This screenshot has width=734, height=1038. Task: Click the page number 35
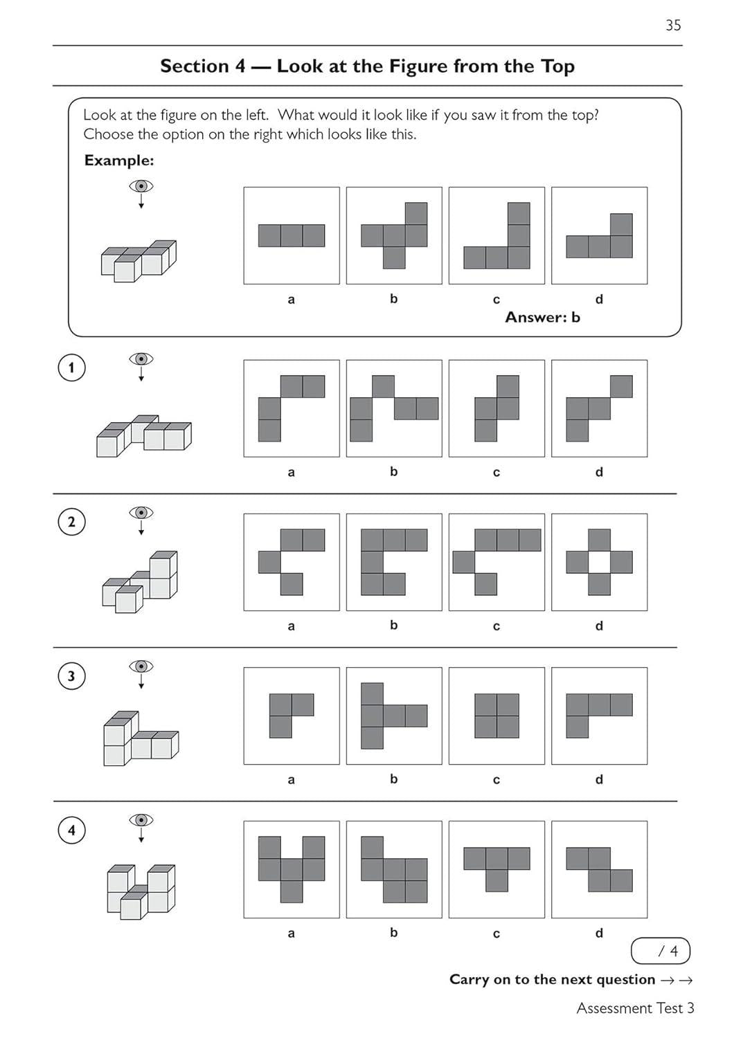[x=673, y=26]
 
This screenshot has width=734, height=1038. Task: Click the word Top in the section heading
[x=557, y=66]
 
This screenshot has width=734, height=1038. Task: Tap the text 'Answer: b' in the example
[x=542, y=317]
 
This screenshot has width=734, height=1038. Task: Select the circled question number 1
[x=71, y=367]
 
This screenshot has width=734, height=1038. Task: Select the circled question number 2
[x=71, y=522]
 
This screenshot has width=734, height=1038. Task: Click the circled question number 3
[x=71, y=676]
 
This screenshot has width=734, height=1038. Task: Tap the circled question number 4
[x=71, y=830]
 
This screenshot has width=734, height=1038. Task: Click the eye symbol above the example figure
[x=141, y=186]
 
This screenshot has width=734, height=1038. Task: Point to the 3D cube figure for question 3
[x=141, y=739]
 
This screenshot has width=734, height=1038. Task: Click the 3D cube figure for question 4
[x=141, y=891]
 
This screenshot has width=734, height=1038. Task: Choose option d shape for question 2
[x=599, y=562]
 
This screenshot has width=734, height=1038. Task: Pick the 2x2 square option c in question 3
[x=496, y=716]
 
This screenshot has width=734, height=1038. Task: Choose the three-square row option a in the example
[x=292, y=235]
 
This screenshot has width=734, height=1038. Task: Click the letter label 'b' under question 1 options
[x=393, y=472]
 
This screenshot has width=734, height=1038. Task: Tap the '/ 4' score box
[x=661, y=951]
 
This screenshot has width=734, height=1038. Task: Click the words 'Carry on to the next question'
[x=552, y=979]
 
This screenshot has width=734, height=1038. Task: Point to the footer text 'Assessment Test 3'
[x=635, y=1008]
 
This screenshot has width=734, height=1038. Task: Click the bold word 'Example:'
[x=119, y=161]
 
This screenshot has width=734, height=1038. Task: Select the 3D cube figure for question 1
[x=143, y=436]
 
